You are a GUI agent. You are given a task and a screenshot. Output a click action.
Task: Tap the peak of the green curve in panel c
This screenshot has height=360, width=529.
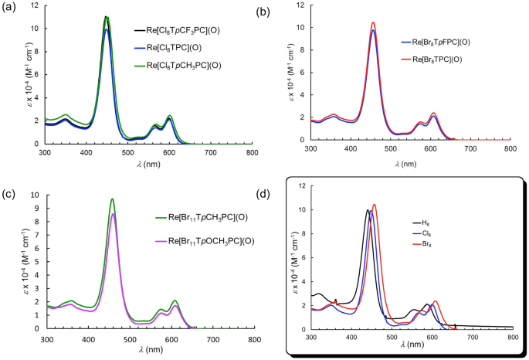coord(113,199)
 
